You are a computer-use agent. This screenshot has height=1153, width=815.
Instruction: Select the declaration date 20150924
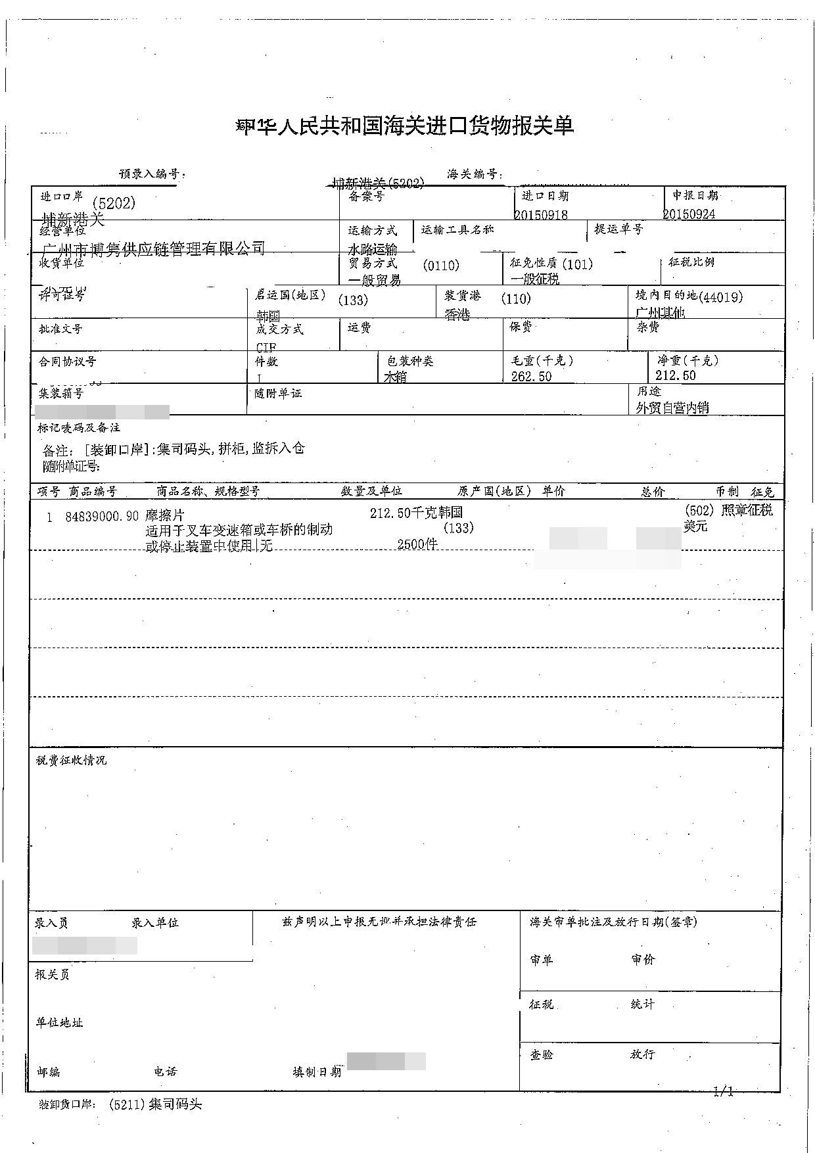(689, 214)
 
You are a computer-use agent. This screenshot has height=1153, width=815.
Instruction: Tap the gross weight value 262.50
(531, 376)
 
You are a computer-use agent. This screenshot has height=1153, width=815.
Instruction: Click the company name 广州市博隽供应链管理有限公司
(154, 248)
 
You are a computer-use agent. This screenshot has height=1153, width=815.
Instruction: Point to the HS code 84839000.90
(102, 517)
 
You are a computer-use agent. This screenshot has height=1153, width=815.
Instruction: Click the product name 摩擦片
(164, 517)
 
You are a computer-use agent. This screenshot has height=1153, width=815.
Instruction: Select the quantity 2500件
(417, 544)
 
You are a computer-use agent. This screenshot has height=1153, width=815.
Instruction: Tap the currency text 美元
(695, 526)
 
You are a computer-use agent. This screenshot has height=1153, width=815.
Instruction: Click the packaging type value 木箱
(395, 377)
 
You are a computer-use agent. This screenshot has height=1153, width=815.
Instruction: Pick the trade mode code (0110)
(441, 265)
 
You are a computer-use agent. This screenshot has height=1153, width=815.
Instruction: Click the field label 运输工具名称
(457, 229)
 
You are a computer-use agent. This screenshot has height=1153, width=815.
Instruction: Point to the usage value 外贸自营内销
(672, 408)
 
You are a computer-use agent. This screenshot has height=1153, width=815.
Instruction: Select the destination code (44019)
(722, 296)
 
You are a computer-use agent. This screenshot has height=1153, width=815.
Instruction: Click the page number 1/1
(722, 1092)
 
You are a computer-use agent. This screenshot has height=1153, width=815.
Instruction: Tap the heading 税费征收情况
(71, 760)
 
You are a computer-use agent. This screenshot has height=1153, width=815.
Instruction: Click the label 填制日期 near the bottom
(317, 1071)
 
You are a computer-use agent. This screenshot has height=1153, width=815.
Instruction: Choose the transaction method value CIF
(266, 346)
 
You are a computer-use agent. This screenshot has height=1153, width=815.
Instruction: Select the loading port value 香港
(457, 315)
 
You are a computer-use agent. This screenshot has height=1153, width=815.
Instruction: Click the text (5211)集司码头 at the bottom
(155, 1104)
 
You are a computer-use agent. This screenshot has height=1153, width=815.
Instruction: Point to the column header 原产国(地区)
(494, 491)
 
